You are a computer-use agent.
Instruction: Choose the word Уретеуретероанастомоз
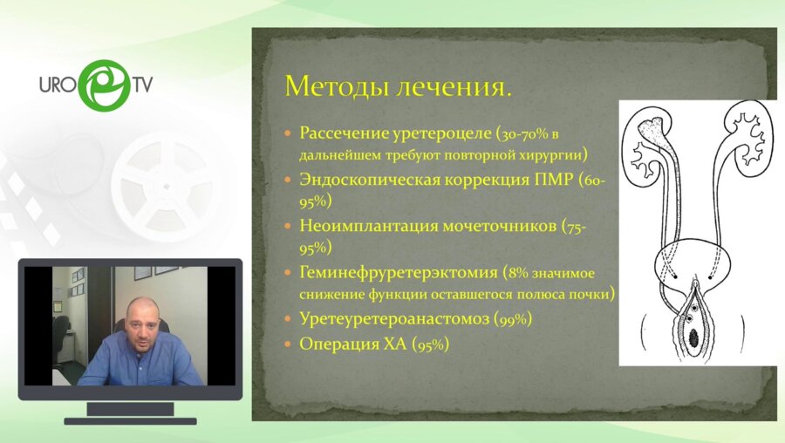click(393, 319)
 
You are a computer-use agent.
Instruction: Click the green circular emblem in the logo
click(104, 85)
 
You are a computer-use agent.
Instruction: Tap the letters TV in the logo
click(143, 85)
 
